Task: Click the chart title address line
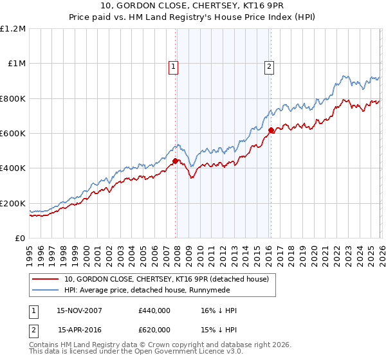192,7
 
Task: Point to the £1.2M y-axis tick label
13,29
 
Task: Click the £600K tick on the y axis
13,134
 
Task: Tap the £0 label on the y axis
19,239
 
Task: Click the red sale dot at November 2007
175,161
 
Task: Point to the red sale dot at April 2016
271,130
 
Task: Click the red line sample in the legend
46,279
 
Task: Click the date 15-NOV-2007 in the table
80,310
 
